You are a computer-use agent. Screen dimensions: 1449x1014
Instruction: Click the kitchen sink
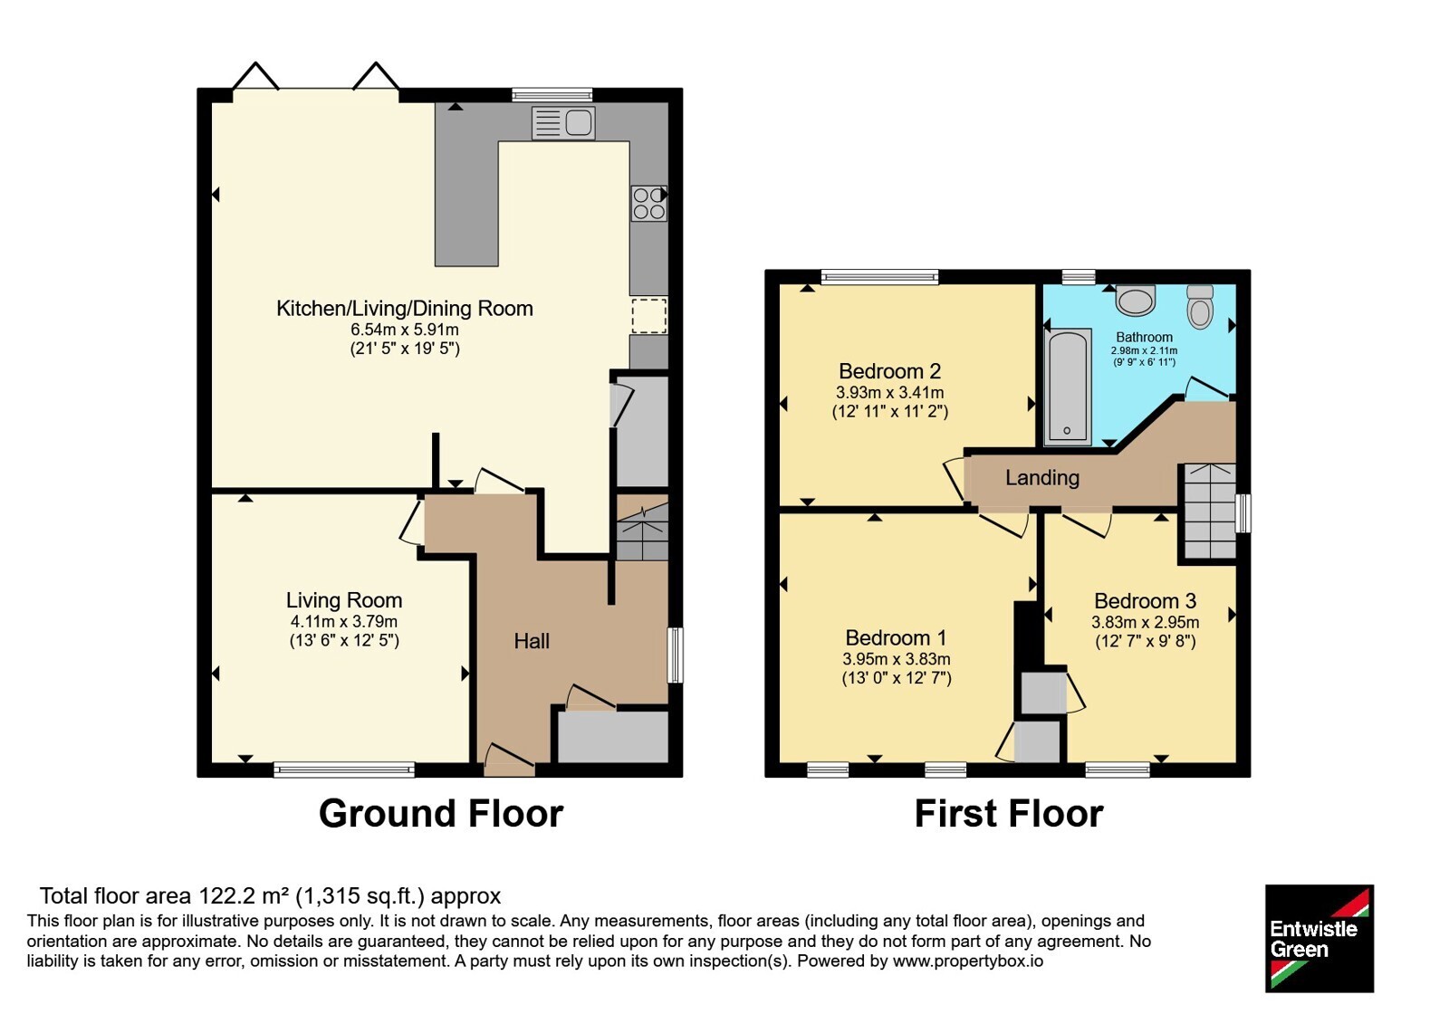[563, 123]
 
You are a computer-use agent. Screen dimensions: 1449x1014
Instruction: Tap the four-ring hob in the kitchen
[648, 203]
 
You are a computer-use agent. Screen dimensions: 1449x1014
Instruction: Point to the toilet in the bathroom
[1200, 307]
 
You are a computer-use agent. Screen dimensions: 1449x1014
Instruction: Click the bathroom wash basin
[1136, 300]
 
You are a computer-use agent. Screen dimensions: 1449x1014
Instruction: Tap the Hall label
[532, 641]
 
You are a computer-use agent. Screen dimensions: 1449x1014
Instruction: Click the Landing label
[1042, 478]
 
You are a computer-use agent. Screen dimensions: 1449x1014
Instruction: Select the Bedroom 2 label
[889, 371]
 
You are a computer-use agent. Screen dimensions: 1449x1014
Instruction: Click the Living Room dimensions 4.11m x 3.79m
[344, 621]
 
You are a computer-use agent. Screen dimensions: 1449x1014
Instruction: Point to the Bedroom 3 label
[1145, 601]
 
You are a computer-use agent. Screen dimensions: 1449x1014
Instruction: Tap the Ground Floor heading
[441, 814]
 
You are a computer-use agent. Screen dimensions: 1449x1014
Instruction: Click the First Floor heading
[1009, 814]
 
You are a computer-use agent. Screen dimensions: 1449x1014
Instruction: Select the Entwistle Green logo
[1319, 938]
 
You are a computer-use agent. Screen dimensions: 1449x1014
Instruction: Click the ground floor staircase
[642, 529]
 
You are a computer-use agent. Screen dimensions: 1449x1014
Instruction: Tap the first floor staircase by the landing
[1210, 511]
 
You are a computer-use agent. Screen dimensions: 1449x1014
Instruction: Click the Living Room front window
[344, 769]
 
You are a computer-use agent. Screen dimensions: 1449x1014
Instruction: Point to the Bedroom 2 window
[879, 277]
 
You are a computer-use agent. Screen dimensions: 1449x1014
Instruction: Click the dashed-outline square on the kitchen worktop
[649, 316]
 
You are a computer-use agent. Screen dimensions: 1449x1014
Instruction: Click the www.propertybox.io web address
[968, 961]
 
